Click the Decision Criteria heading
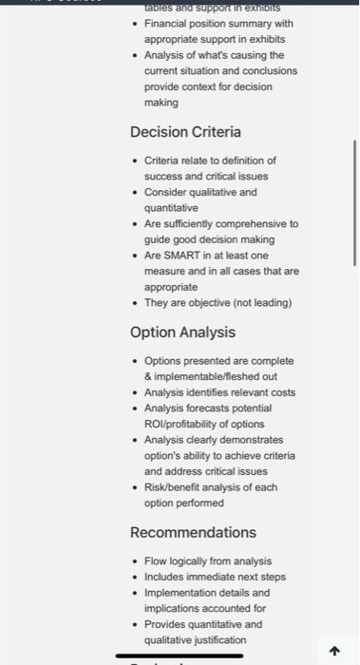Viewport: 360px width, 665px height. [185, 132]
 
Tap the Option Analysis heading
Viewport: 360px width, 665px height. [182, 332]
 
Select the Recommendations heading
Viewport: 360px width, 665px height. [193, 532]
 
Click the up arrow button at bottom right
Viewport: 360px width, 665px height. [333, 651]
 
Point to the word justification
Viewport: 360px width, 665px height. [215, 639]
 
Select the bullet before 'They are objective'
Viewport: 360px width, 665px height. [135, 302]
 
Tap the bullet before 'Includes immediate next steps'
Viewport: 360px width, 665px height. [135, 577]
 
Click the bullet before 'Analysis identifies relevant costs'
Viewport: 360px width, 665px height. [135, 392]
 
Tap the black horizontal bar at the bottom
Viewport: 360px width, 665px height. [173, 655]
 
